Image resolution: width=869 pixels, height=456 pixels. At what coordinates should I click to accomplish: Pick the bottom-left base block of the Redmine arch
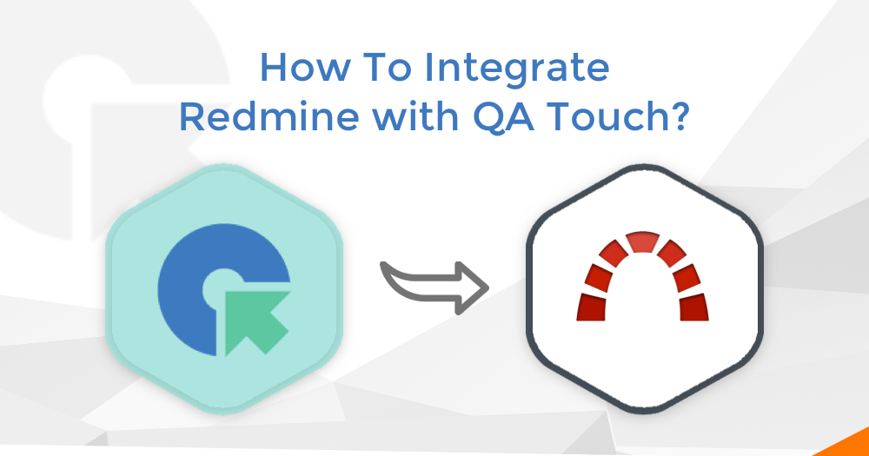pyautogui.click(x=592, y=307)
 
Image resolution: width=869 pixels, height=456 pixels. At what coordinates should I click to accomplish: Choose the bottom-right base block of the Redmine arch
pyautogui.click(x=693, y=307)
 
